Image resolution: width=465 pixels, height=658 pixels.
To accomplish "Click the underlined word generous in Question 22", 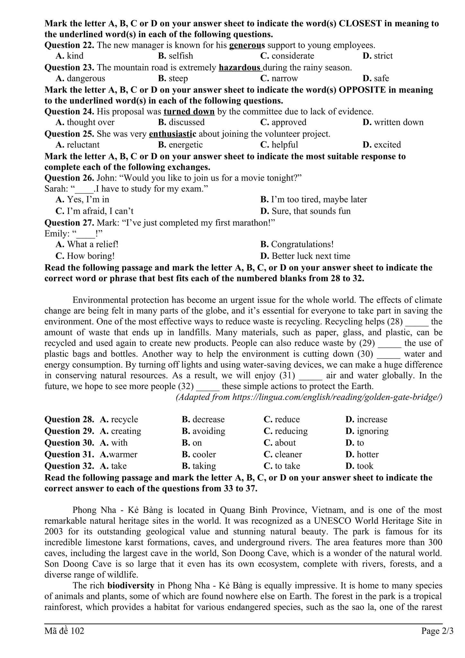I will tap(247, 45).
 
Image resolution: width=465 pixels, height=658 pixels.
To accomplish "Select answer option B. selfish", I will tap(176, 56).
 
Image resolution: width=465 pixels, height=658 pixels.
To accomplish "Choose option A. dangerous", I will tap(80, 78).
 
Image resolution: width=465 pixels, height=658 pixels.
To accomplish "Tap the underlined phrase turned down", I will tap(189, 111).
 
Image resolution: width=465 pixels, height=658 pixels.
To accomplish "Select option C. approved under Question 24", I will tap(283, 122).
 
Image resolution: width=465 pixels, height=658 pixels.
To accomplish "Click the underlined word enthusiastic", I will tap(172, 134).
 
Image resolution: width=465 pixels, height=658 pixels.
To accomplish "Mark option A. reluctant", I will tap(78, 145).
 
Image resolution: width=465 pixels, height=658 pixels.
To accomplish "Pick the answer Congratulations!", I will tap(297, 245).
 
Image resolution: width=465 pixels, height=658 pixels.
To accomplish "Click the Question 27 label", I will tap(69, 223).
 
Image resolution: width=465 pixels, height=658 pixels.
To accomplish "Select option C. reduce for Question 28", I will tap(282, 420).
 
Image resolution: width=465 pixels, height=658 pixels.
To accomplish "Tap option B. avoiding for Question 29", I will tap(203, 431).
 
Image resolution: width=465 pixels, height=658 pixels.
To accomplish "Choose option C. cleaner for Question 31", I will tap(283, 455).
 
